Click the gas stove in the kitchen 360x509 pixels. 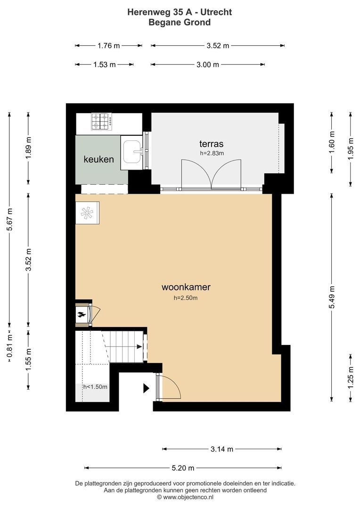click(101, 122)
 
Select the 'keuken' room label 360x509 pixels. click(98, 159)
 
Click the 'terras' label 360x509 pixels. click(211, 143)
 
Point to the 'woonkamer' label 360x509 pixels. click(186, 287)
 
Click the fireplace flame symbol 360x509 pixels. click(81, 314)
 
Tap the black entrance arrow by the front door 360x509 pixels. click(146, 388)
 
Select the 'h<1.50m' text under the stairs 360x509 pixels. click(96, 387)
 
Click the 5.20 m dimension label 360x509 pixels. click(183, 468)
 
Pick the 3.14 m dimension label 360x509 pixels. click(222, 449)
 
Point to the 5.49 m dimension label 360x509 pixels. click(332, 297)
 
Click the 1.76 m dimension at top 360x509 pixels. click(109, 46)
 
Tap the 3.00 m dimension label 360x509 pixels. click(208, 65)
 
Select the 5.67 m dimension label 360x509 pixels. click(9, 220)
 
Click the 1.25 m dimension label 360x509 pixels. click(351, 377)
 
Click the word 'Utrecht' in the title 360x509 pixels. click(216, 12)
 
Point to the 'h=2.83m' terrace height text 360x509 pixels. click(212, 153)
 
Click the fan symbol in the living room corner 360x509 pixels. click(87, 213)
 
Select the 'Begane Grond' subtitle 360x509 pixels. click(180, 23)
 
